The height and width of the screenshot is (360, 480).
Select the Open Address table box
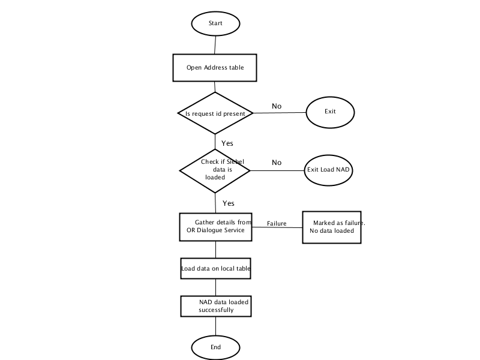[x=215, y=68]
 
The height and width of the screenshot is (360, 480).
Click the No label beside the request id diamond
[x=277, y=106]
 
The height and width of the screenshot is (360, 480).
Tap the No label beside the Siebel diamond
[x=277, y=163]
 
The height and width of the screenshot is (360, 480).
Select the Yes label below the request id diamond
[x=227, y=143]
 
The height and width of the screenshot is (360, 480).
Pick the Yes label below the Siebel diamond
[x=229, y=203]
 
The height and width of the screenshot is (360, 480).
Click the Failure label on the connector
[x=277, y=223]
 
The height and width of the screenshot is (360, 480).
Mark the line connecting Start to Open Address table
[x=215, y=46]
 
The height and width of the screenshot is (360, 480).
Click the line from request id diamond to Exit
[x=280, y=113]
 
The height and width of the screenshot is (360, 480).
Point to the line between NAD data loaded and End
[x=215, y=326]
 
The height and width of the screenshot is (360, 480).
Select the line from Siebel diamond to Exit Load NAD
[x=277, y=170]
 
